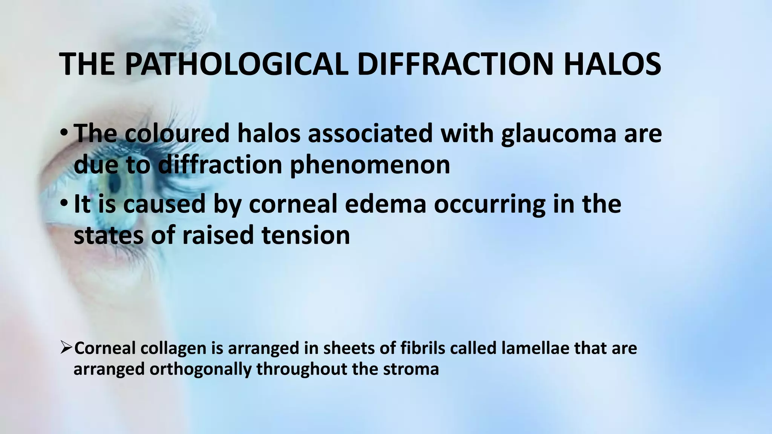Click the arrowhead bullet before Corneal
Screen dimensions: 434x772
click(66, 348)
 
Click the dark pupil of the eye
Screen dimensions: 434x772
click(113, 185)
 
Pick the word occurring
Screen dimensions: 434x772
click(489, 204)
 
